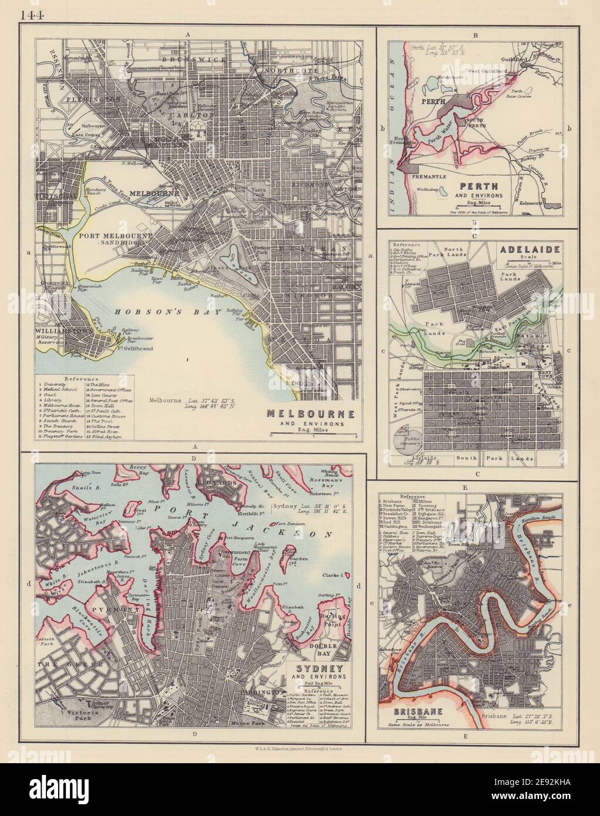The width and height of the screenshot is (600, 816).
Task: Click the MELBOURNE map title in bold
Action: pos(311,413)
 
